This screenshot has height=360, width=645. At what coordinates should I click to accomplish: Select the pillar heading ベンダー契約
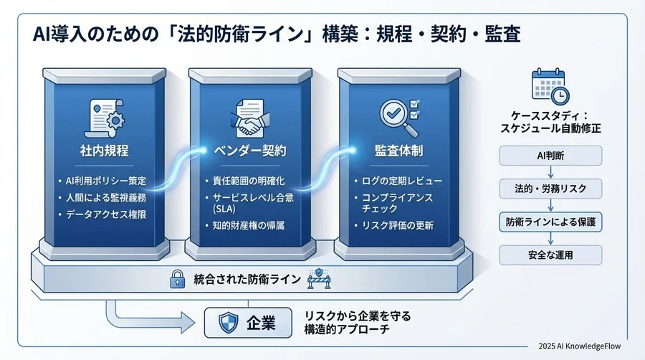251,151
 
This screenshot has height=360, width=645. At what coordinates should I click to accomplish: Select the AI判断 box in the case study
550,155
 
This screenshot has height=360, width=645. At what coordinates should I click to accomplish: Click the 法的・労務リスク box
550,189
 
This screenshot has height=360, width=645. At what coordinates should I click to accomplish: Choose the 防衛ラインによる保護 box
550,222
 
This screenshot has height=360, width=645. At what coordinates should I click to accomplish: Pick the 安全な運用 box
550,255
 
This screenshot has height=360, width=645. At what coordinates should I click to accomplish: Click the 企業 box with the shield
247,323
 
